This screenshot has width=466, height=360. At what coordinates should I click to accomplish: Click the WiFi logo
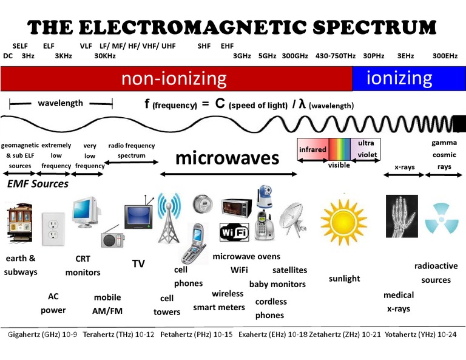click(233, 231)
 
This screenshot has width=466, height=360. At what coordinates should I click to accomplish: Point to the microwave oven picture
click(235, 208)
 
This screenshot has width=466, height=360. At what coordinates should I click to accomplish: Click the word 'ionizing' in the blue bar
click(399, 78)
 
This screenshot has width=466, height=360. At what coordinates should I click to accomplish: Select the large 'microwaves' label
click(227, 158)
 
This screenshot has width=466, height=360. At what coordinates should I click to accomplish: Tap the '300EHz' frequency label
click(445, 56)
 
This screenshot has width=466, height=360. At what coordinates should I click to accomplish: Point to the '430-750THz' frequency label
click(336, 56)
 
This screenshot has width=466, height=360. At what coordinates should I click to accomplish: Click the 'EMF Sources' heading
click(38, 183)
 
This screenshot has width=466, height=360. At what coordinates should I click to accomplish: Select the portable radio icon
click(112, 237)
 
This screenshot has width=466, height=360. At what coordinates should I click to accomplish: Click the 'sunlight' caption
click(344, 279)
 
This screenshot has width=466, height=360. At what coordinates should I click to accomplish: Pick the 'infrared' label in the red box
click(312, 149)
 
